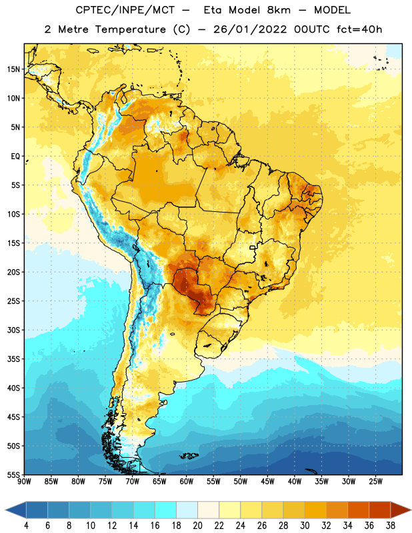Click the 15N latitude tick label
click(x=13, y=69)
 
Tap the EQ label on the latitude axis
click(x=15, y=157)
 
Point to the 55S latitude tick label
click(x=13, y=475)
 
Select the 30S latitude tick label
click(x=13, y=330)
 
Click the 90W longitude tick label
click(x=24, y=482)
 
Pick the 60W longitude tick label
click(x=187, y=482)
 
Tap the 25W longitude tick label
click(x=375, y=482)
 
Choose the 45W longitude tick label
click(x=267, y=482)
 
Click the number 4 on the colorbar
click(x=26, y=526)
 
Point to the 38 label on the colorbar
click(x=391, y=526)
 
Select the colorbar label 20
click(x=197, y=526)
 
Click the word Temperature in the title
click(x=130, y=29)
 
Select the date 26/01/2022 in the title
click(x=251, y=29)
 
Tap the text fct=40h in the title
click(x=359, y=29)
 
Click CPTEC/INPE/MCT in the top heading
click(x=125, y=10)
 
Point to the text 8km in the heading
click(x=279, y=10)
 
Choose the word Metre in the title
click(x=73, y=29)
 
